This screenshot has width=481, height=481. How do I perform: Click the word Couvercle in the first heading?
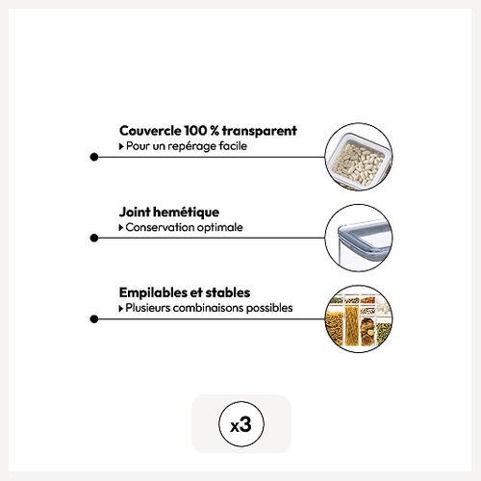click(x=150, y=131)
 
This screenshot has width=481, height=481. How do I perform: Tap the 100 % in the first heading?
click(x=201, y=131)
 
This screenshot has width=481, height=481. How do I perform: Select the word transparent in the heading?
click(x=259, y=131)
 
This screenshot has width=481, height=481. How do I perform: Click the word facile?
click(x=233, y=146)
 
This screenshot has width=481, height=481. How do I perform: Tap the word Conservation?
click(x=160, y=227)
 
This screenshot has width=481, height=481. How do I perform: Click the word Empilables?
click(x=153, y=293)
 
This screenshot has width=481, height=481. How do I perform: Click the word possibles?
click(x=269, y=308)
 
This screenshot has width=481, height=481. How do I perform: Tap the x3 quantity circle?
click(x=241, y=424)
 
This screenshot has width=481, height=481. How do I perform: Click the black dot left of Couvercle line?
click(x=94, y=157)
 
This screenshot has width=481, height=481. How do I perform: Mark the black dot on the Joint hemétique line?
click(x=94, y=238)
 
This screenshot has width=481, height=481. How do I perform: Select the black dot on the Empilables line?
click(x=94, y=319)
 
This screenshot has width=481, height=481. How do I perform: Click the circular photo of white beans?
click(x=359, y=157)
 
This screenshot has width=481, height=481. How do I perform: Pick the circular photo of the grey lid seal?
click(x=359, y=238)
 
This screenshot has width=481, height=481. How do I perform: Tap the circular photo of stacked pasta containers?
click(x=359, y=319)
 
